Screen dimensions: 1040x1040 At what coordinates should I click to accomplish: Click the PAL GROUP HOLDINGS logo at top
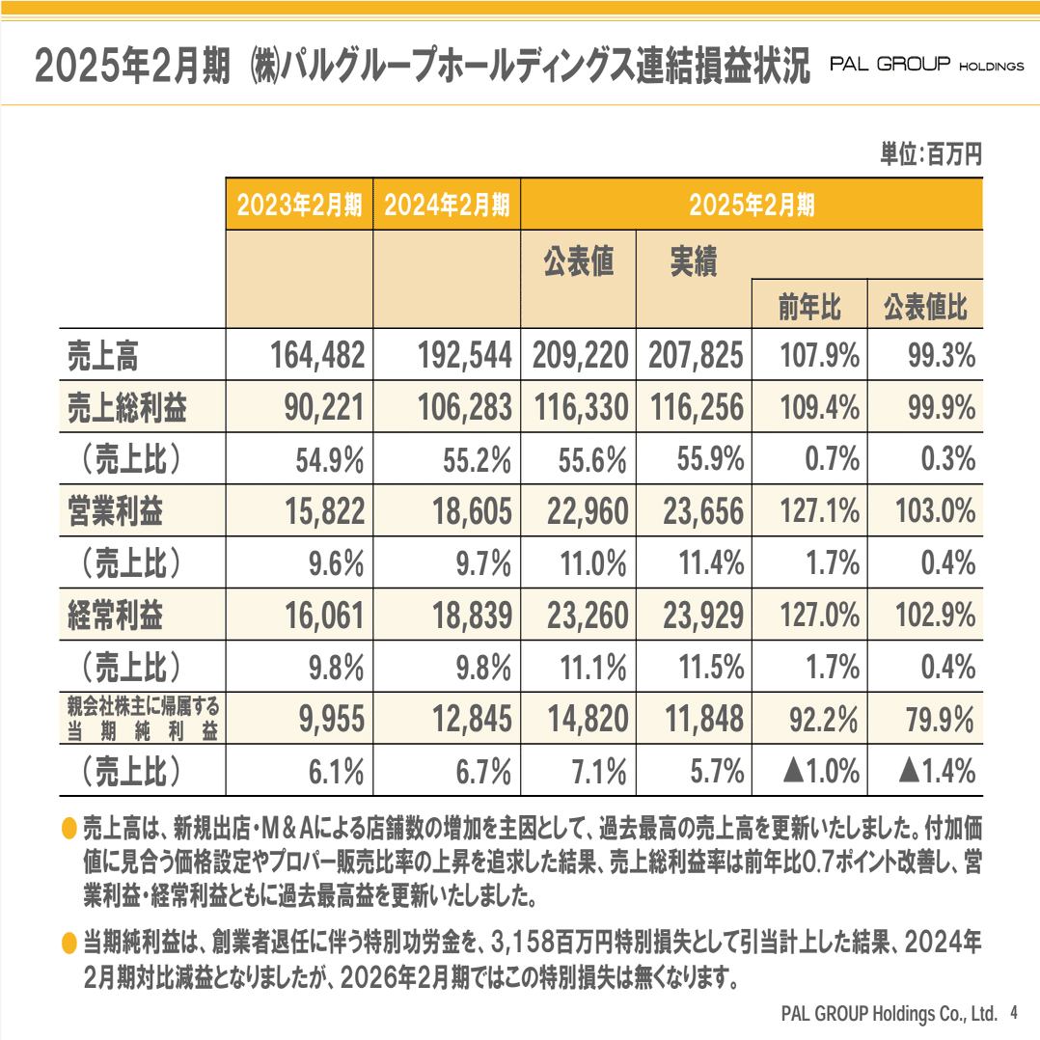[x=926, y=66]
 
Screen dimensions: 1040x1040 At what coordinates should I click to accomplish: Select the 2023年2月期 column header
[x=299, y=205]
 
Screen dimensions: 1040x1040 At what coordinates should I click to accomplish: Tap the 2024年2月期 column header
[x=447, y=205]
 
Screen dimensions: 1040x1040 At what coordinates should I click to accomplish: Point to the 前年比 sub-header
[x=808, y=308]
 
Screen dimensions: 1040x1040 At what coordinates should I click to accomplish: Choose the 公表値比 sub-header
[x=924, y=308]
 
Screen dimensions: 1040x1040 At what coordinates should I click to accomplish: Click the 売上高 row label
[x=103, y=357]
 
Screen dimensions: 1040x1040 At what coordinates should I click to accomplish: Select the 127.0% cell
[x=818, y=616]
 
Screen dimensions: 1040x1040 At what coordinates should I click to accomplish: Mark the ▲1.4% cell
[x=936, y=771]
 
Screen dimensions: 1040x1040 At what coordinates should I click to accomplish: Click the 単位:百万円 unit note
[x=930, y=154]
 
